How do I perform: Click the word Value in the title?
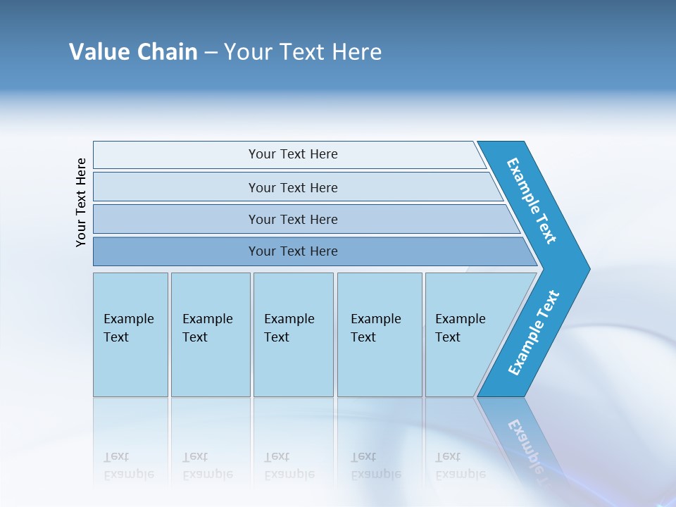click(x=94, y=52)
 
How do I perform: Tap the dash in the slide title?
click(x=211, y=53)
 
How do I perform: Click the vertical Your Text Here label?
click(x=81, y=203)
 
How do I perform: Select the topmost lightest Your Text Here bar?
click(x=293, y=154)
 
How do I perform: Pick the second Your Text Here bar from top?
click(x=293, y=187)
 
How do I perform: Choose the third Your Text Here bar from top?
click(x=293, y=219)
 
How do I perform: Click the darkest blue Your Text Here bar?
click(x=293, y=251)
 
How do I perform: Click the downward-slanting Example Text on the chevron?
click(x=532, y=201)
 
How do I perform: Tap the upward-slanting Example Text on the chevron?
click(x=534, y=333)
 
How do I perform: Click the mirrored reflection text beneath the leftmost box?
click(x=129, y=465)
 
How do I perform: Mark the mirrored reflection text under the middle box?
click(x=289, y=465)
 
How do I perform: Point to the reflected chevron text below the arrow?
click(x=525, y=444)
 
